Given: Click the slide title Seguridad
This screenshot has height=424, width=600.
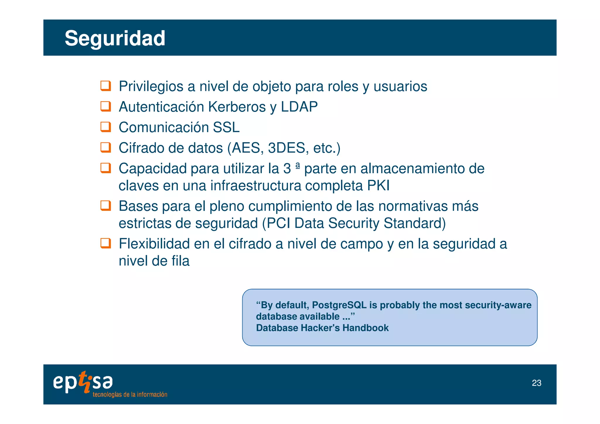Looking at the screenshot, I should point(115,38).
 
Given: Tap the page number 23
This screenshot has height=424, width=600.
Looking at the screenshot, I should point(536,383).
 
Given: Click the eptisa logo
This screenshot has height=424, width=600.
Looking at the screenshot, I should point(83,382).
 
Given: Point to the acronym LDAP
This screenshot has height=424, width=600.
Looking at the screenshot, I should point(299,107).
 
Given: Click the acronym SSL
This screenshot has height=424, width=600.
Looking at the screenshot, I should point(226,127).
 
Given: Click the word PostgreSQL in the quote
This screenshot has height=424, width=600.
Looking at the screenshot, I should point(339,305).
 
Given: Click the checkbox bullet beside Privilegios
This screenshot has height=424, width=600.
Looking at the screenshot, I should point(105,86).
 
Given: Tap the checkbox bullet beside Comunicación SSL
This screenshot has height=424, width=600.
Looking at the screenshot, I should point(105,127).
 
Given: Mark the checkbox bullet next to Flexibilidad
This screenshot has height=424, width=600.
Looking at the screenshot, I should point(105,243).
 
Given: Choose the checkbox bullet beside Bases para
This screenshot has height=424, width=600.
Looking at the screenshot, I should point(105,205).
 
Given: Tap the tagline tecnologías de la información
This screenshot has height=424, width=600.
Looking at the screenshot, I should point(130,394).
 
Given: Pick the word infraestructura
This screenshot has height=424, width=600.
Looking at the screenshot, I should point(256,186).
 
